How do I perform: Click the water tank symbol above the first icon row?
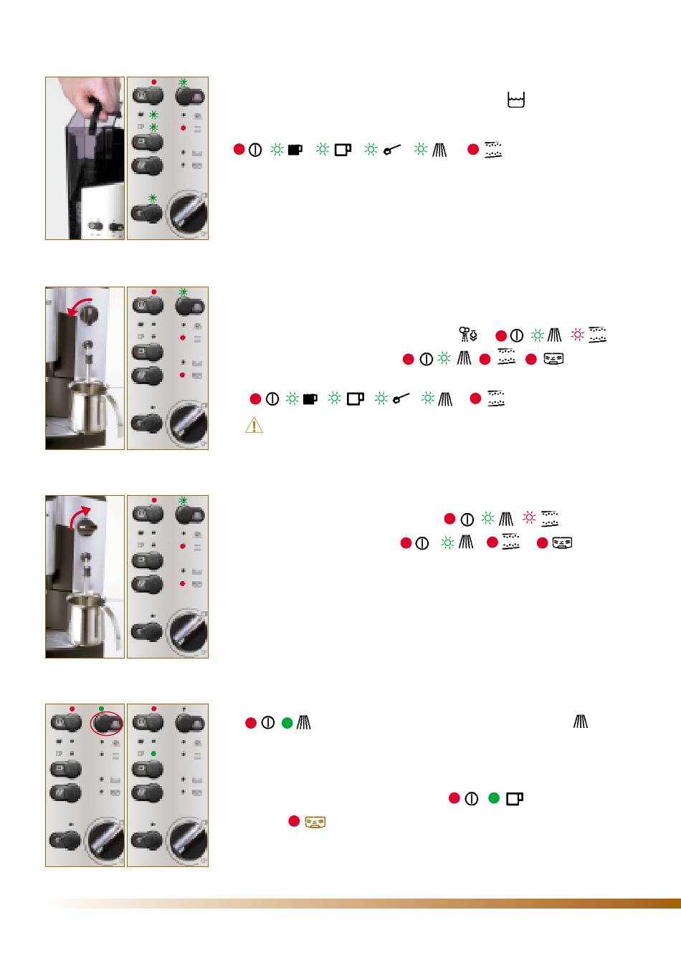click(515, 100)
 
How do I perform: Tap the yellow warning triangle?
click(254, 425)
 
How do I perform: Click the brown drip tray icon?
click(315, 822)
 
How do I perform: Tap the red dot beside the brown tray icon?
click(294, 821)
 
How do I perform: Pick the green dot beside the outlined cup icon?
click(493, 798)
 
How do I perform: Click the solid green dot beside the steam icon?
click(287, 723)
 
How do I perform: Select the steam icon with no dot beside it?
click(581, 722)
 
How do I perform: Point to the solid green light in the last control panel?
click(154, 754)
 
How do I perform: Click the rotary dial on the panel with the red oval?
click(105, 841)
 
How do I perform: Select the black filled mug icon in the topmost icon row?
click(295, 150)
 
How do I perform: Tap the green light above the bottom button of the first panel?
click(152, 198)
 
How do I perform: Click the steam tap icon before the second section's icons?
click(468, 334)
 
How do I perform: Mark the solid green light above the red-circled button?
click(101, 709)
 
